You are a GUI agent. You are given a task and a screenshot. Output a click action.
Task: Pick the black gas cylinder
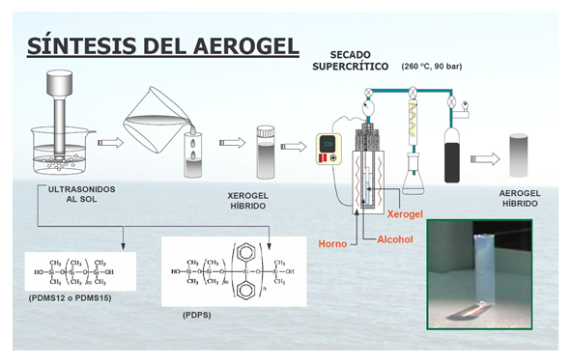451,154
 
